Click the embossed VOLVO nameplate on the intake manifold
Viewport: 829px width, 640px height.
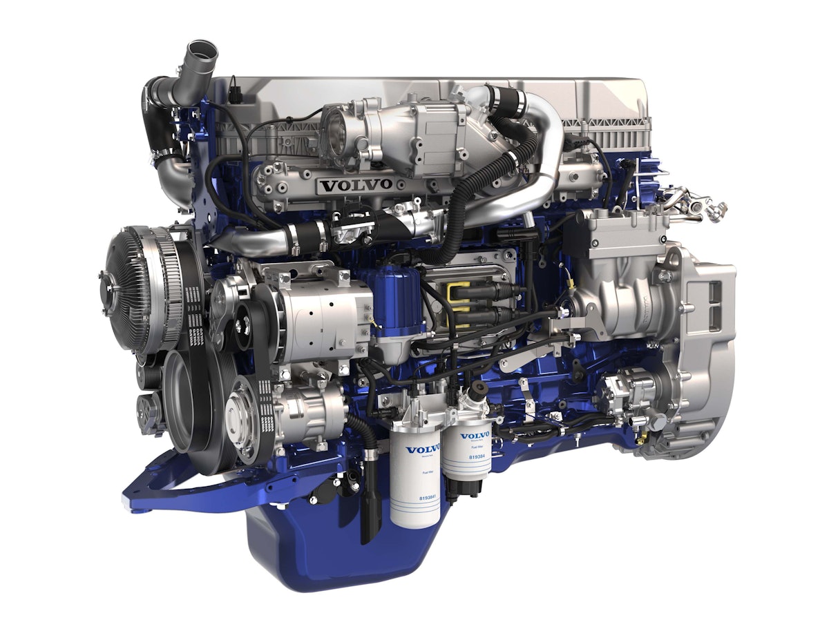[355, 185]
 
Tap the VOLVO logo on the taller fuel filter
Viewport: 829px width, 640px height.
[422, 450]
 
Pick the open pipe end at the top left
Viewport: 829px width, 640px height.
[201, 51]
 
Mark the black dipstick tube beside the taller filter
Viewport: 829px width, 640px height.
[371, 497]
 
